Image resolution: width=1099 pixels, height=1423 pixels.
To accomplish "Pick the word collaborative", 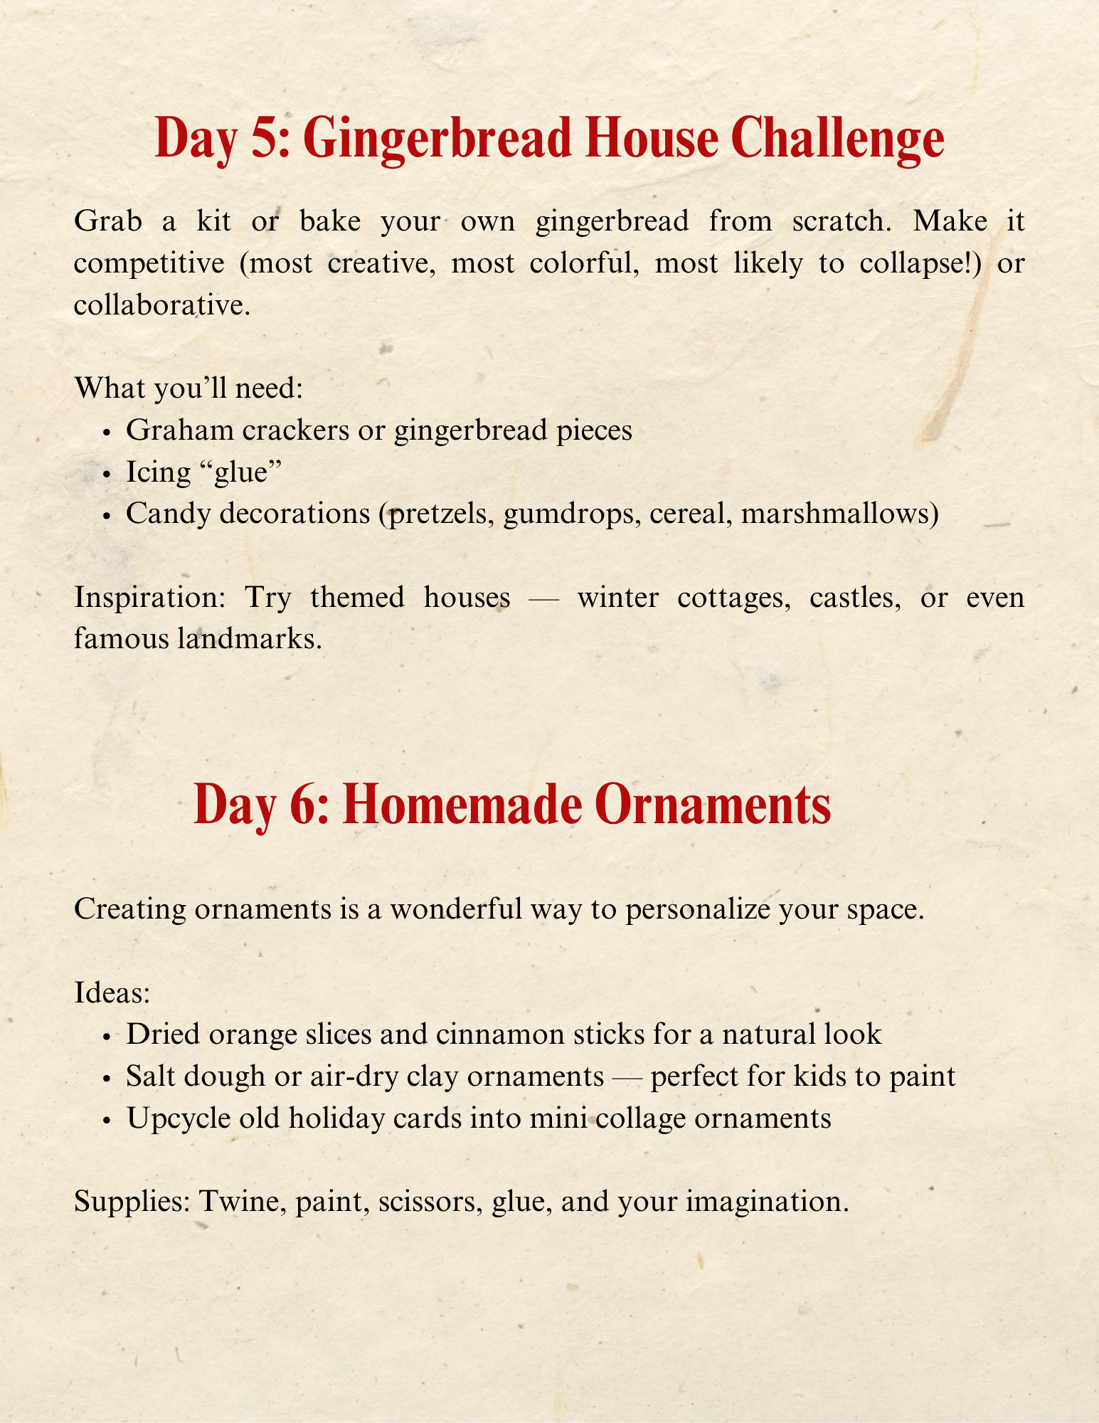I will (162, 305).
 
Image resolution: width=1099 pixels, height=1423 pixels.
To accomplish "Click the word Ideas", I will (112, 993).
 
